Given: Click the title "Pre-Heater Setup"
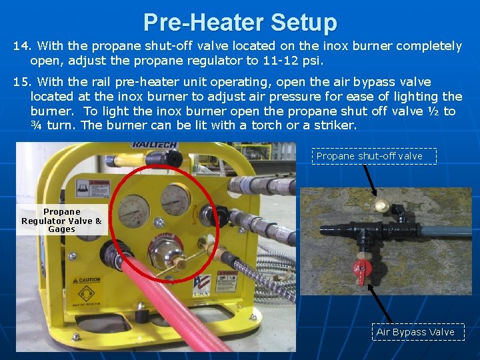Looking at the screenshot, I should click(240, 22).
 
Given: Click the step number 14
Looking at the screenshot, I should click(23, 46).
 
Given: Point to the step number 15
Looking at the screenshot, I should click(23, 81).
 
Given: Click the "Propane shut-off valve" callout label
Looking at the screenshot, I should click(369, 156).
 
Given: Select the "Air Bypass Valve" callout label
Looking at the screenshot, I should click(415, 332).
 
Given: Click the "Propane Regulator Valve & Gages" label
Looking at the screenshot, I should click(61, 221).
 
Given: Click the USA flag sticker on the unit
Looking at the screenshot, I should click(201, 286).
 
